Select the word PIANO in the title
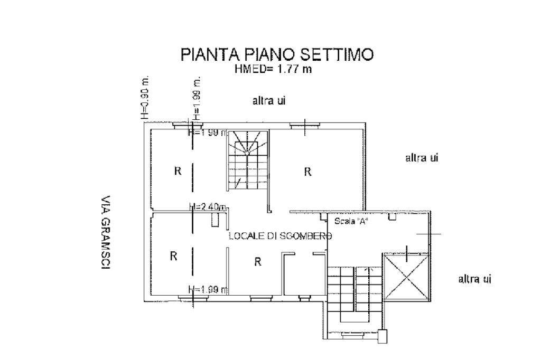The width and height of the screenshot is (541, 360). [x=270, y=55]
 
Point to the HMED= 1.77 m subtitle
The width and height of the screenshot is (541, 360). [x=273, y=69]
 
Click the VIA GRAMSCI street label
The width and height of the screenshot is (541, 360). [x=106, y=233]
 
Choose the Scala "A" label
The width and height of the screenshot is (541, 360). [x=351, y=222]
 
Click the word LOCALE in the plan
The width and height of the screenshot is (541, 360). [x=246, y=236]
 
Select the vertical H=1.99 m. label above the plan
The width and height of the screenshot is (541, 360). [x=197, y=97]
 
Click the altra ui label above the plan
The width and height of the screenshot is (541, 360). [x=269, y=101]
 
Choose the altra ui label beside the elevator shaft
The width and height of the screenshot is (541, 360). [x=474, y=279]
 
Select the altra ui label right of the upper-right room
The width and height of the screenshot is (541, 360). [x=421, y=158]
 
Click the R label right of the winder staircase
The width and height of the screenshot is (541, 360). [x=307, y=171]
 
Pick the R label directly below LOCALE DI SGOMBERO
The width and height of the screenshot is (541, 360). [x=258, y=261]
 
